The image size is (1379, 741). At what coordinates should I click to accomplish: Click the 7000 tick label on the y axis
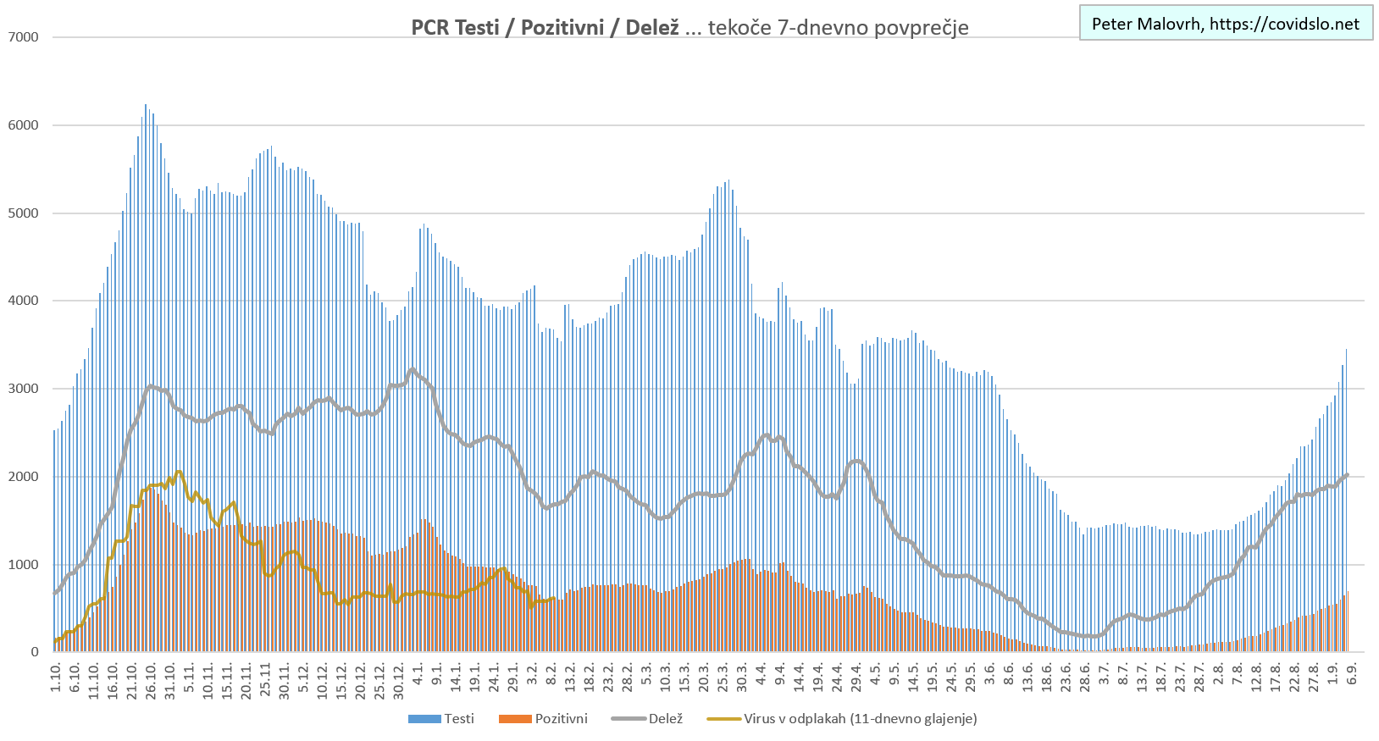[x=23, y=37]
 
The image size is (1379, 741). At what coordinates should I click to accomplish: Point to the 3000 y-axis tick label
[x=23, y=389]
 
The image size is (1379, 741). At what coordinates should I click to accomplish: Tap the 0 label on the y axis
[x=35, y=652]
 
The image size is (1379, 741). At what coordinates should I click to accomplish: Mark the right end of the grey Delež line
[x=1347, y=475]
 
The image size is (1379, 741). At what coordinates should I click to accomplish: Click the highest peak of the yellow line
[x=179, y=472]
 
